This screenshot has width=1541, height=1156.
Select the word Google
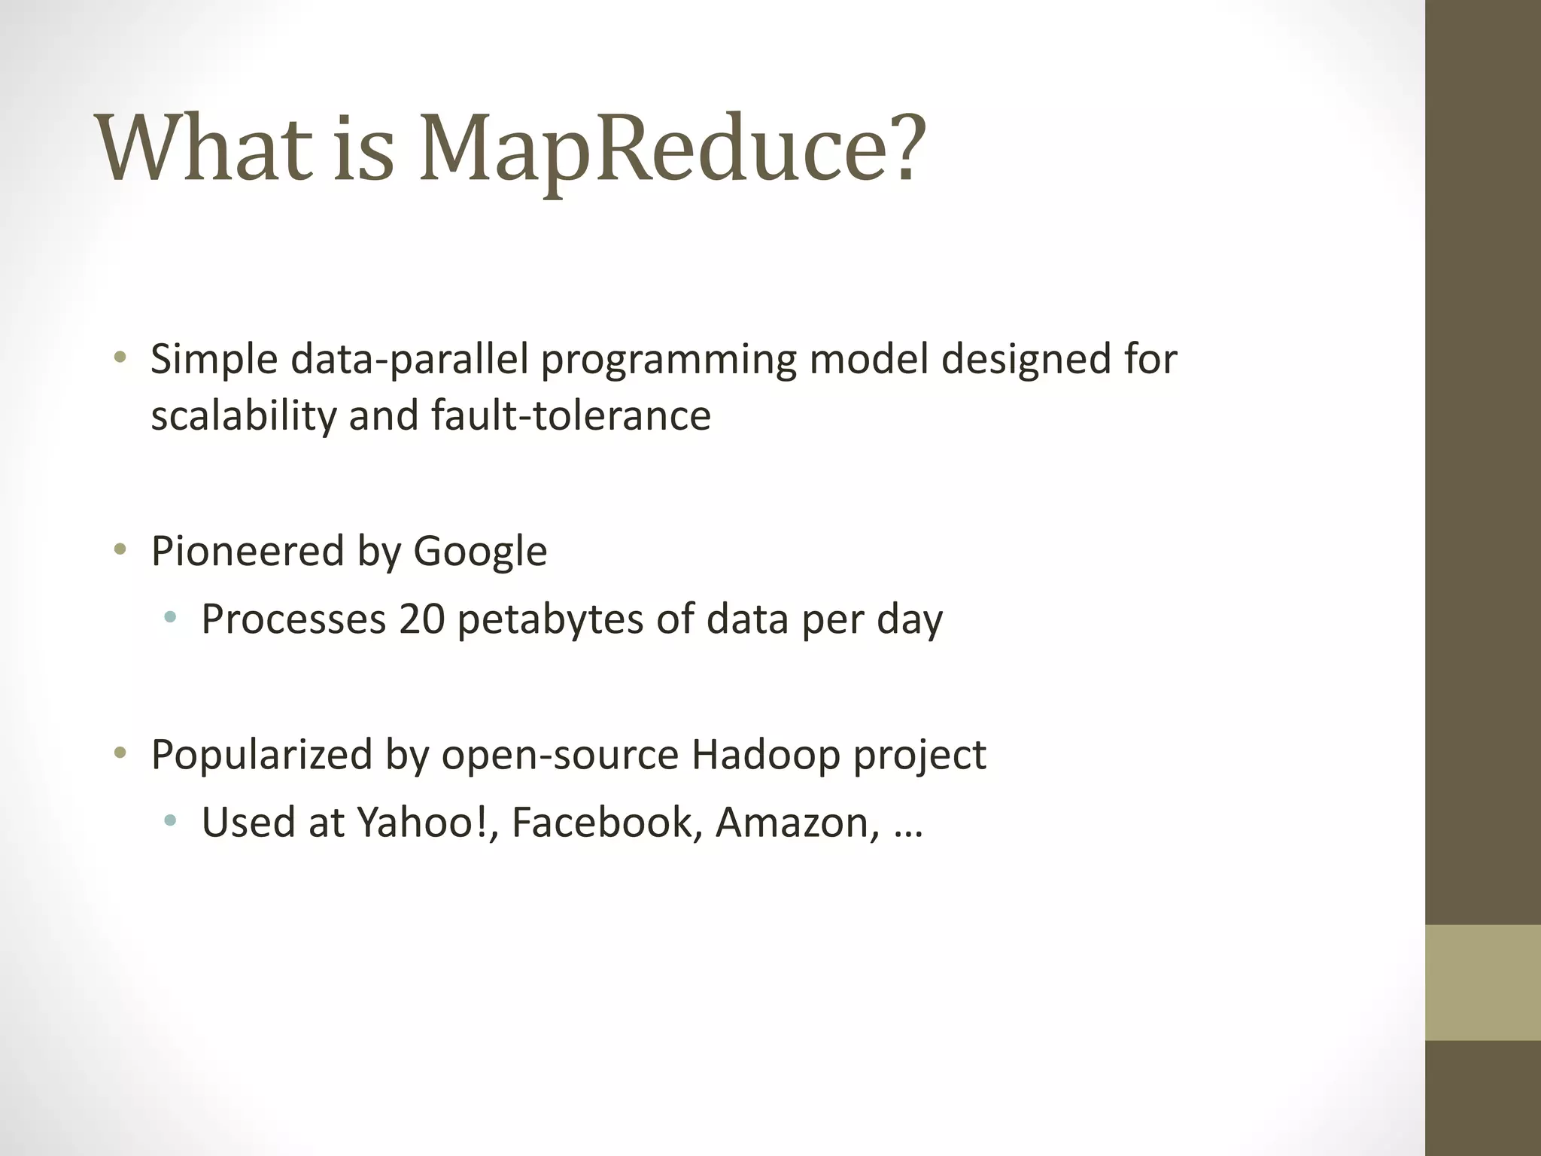480,552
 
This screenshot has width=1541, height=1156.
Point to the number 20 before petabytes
422,619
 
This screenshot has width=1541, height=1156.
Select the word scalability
243,416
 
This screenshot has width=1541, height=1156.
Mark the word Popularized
262,754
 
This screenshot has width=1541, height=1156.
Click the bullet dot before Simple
119,357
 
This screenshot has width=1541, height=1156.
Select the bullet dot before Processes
170,617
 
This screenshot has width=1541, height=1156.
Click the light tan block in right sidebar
1482,982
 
